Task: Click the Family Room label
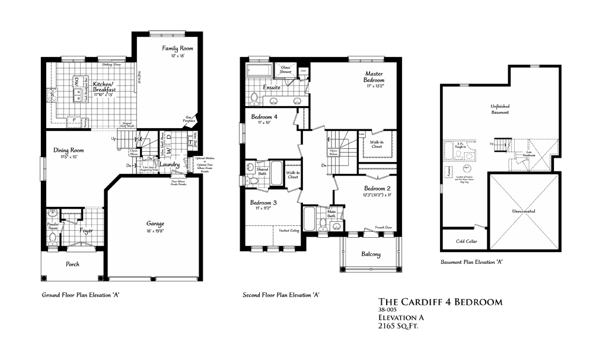point(177,48)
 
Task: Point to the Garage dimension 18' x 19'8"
point(155,231)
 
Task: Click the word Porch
point(72,264)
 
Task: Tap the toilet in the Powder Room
point(52,238)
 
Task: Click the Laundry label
point(170,165)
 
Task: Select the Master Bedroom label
point(375,77)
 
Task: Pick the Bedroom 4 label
point(265,116)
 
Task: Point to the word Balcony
point(371,255)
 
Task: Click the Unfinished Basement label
point(500,109)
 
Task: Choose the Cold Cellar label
point(467,241)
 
